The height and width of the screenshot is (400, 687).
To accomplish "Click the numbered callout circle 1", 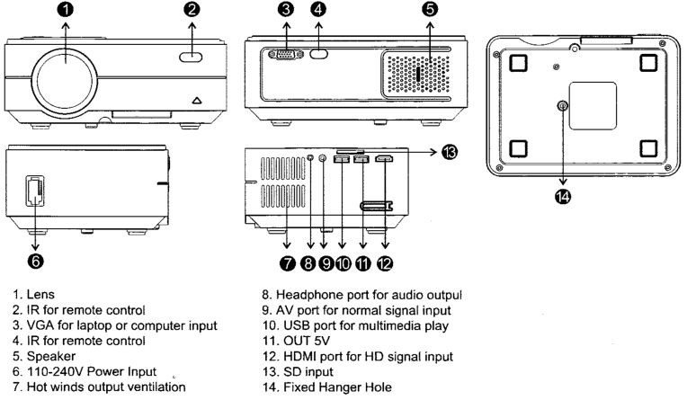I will pyautogui.click(x=69, y=12).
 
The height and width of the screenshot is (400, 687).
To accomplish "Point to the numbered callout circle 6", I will pyautogui.click(x=35, y=261).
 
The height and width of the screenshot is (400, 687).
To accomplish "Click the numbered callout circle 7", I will pyautogui.click(x=287, y=262).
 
